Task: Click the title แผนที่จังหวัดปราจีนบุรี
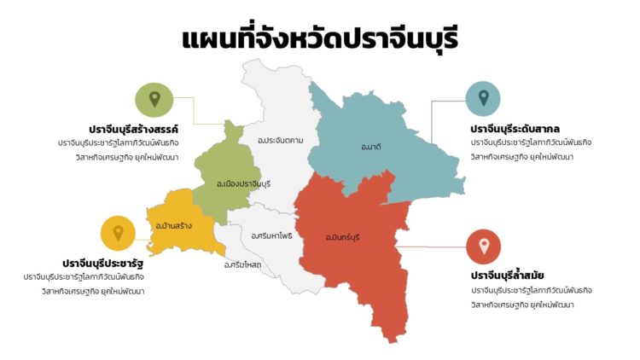coord(319,39)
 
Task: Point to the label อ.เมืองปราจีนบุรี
coord(243,183)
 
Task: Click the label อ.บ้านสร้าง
coord(173,225)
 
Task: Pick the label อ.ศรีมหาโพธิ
coord(272,235)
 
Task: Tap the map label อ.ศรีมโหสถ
coord(242,264)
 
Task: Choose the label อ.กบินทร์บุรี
coord(342,236)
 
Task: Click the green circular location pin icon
coord(154,100)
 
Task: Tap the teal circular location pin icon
coord(483,99)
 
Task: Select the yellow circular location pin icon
coord(118,233)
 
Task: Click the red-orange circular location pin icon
coord(484,247)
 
